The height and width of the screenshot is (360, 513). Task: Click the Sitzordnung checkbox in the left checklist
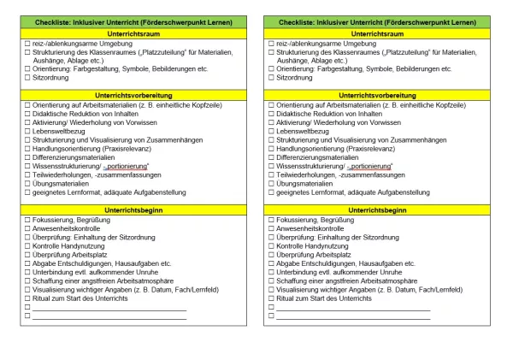click(x=27, y=77)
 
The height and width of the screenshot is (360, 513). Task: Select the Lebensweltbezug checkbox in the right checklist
click(x=270, y=131)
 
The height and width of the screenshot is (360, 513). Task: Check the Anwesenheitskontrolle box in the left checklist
click(x=27, y=229)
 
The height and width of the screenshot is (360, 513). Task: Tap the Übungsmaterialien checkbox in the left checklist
click(x=27, y=184)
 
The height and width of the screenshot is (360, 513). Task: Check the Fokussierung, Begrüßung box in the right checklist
click(x=270, y=221)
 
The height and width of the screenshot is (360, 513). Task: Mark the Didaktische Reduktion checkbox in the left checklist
click(x=27, y=113)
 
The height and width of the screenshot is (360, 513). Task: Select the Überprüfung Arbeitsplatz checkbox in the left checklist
click(x=27, y=255)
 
